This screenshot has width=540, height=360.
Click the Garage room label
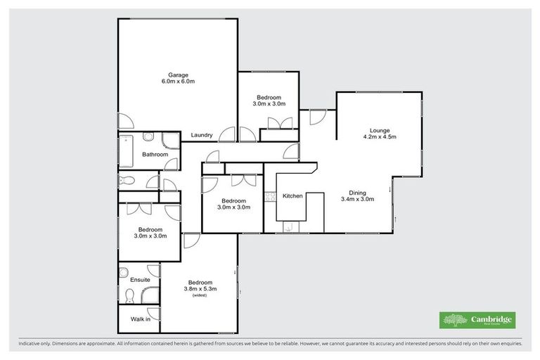tap(178, 75)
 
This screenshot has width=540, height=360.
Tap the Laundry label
tap(202, 135)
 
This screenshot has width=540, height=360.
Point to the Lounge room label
tap(380, 130)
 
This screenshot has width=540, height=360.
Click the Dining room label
tap(357, 192)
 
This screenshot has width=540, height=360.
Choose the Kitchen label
tap(292, 196)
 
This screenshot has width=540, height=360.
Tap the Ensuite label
tap(139, 280)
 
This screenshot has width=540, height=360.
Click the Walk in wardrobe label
tap(140, 319)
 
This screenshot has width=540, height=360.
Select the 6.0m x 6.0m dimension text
tap(178, 82)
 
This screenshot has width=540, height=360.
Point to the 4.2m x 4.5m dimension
tap(380, 137)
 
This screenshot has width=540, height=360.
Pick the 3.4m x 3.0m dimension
tap(357, 199)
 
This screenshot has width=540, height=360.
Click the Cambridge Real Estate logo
tap(477, 320)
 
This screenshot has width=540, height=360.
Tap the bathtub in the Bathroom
tap(127, 149)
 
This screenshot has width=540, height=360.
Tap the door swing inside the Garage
tap(123, 121)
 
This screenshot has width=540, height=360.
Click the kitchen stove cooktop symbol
tap(268, 198)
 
